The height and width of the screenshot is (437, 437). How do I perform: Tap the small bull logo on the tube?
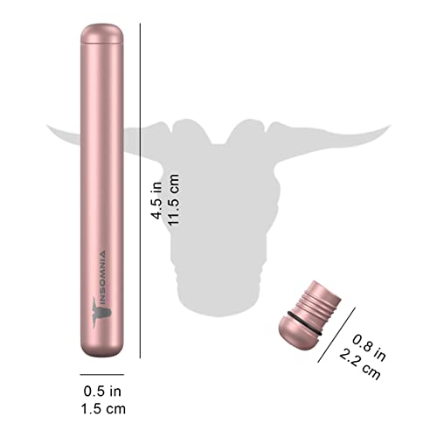pyautogui.click(x=101, y=312)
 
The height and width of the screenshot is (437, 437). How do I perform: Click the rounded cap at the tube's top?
pyautogui.click(x=102, y=34)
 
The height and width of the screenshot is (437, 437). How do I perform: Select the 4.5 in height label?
pyautogui.click(x=156, y=200)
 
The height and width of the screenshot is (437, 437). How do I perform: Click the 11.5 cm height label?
pyautogui.click(x=173, y=200)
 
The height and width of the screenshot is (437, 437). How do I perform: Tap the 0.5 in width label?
pyautogui.click(x=102, y=392)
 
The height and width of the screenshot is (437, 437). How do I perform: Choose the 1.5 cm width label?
pyautogui.click(x=103, y=409)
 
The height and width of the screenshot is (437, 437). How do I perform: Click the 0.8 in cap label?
pyautogui.click(x=369, y=348)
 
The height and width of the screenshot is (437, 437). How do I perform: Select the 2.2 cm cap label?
pyautogui.click(x=360, y=364)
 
